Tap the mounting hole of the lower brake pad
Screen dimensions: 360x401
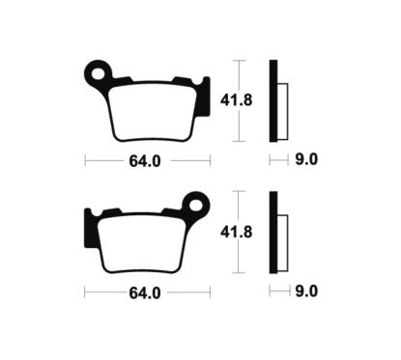coord(198,204)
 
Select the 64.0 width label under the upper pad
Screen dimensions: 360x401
coord(145,160)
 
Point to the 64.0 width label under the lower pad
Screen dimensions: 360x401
coord(145,291)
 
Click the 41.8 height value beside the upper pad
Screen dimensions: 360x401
coord(253,99)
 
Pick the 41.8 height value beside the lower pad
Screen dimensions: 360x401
coord(253,231)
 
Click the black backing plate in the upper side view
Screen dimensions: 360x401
coord(273,101)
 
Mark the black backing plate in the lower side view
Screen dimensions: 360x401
coord(273,233)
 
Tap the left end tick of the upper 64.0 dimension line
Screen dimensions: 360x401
coord(85,160)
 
